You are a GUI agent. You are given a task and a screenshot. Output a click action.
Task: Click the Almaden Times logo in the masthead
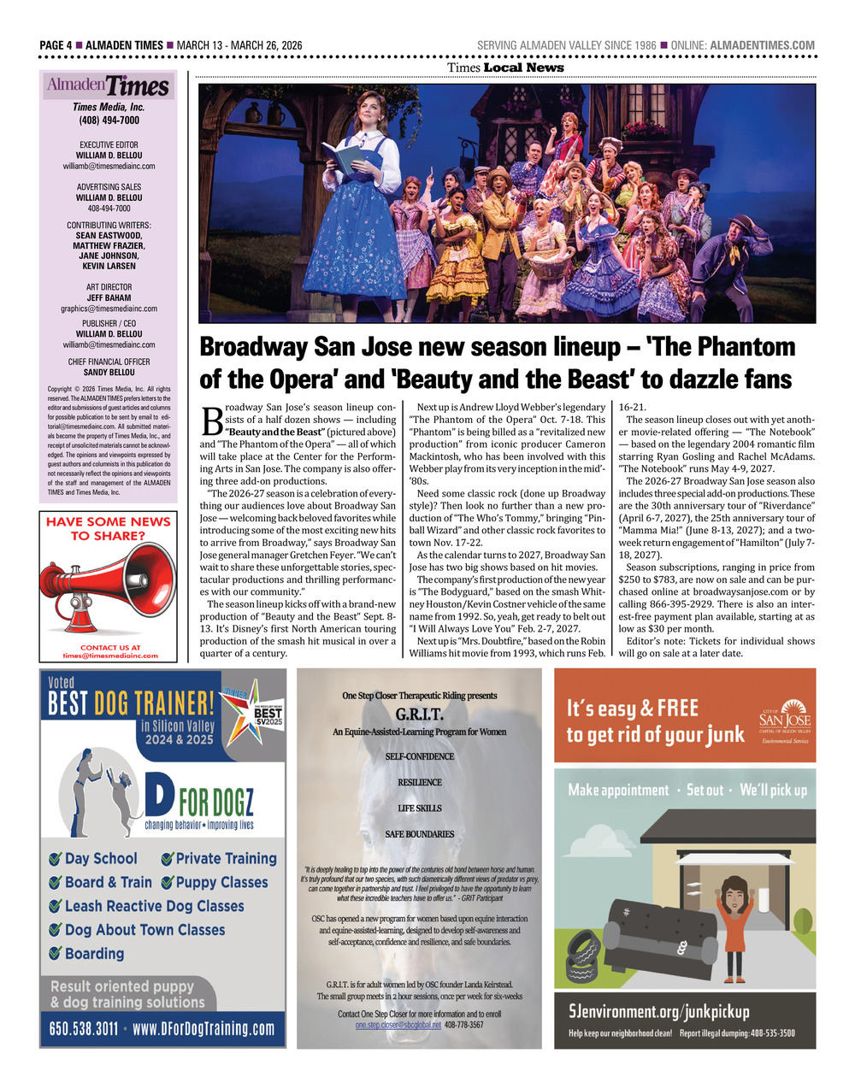click(x=109, y=85)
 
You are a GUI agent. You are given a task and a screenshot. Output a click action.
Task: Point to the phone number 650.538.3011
click(x=84, y=1029)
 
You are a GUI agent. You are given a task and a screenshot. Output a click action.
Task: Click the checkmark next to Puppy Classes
click(x=168, y=883)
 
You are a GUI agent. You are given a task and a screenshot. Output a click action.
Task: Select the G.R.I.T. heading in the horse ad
click(x=419, y=715)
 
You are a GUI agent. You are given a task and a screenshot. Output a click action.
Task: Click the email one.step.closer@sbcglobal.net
click(x=398, y=1025)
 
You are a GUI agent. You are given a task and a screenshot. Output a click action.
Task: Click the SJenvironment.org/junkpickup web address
click(x=659, y=1012)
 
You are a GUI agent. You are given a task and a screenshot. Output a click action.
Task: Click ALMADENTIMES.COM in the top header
click(x=763, y=45)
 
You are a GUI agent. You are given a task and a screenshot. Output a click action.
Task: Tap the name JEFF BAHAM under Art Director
click(x=109, y=298)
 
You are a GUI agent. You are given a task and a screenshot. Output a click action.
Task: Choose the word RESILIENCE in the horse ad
click(x=420, y=783)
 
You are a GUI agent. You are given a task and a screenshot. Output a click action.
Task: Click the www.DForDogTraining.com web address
click(x=203, y=1029)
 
